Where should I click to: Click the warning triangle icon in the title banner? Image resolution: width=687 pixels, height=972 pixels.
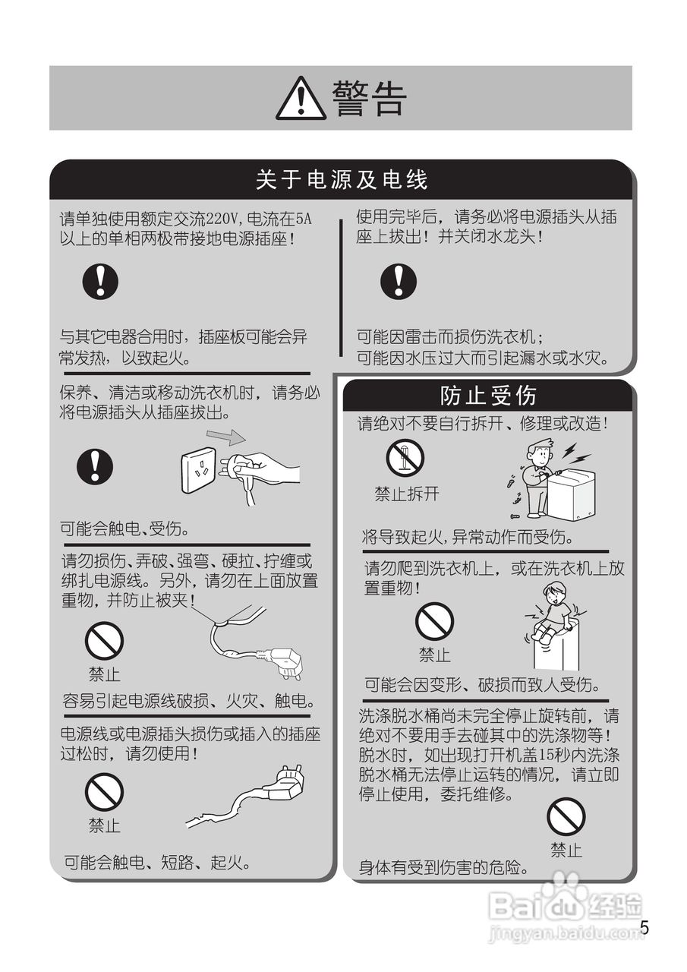[x=301, y=99]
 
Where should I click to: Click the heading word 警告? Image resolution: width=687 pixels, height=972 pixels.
[x=370, y=99]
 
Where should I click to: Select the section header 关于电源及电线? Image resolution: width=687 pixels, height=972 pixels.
[x=342, y=180]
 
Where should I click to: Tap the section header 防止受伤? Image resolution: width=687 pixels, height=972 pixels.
[x=488, y=395]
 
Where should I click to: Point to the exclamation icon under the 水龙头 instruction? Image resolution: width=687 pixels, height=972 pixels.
[x=398, y=281]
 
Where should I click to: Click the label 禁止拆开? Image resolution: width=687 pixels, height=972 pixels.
[x=406, y=494]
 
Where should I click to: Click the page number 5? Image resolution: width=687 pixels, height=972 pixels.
[x=644, y=928]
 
